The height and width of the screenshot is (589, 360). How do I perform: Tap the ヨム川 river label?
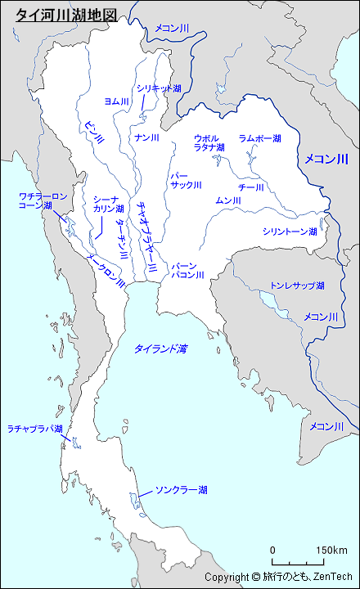[117, 101]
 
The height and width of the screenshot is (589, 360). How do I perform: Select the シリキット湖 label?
[160, 88]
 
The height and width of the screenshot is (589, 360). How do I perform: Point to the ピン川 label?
[94, 130]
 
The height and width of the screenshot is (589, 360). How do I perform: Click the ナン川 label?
[147, 137]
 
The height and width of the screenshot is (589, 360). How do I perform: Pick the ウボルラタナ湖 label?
[209, 142]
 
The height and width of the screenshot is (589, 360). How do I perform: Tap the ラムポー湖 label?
[260, 138]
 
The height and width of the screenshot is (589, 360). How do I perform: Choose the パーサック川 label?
[185, 180]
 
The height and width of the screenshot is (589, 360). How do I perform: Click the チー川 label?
[251, 187]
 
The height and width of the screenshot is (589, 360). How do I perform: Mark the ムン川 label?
[227, 200]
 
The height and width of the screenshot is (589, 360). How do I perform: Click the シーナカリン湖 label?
[108, 204]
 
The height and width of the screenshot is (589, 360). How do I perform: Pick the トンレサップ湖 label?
[297, 286]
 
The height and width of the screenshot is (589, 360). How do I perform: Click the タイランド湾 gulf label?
[160, 348]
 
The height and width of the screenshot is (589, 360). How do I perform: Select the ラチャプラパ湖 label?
[35, 429]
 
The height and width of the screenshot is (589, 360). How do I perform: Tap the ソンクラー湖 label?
[181, 490]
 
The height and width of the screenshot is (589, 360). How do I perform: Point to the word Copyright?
[226, 578]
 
